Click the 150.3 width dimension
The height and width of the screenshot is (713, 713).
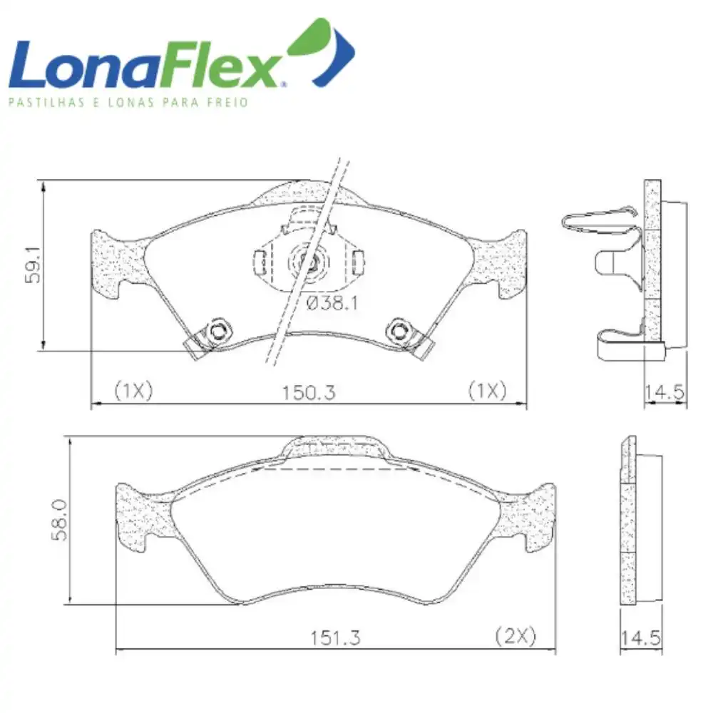click(309, 391)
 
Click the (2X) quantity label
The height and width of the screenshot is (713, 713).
click(515, 636)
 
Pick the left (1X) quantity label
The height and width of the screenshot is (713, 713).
click(133, 391)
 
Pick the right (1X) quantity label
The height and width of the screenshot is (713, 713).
click(487, 391)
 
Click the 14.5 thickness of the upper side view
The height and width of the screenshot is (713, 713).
click(665, 391)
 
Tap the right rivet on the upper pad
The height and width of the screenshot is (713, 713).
click(396, 329)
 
